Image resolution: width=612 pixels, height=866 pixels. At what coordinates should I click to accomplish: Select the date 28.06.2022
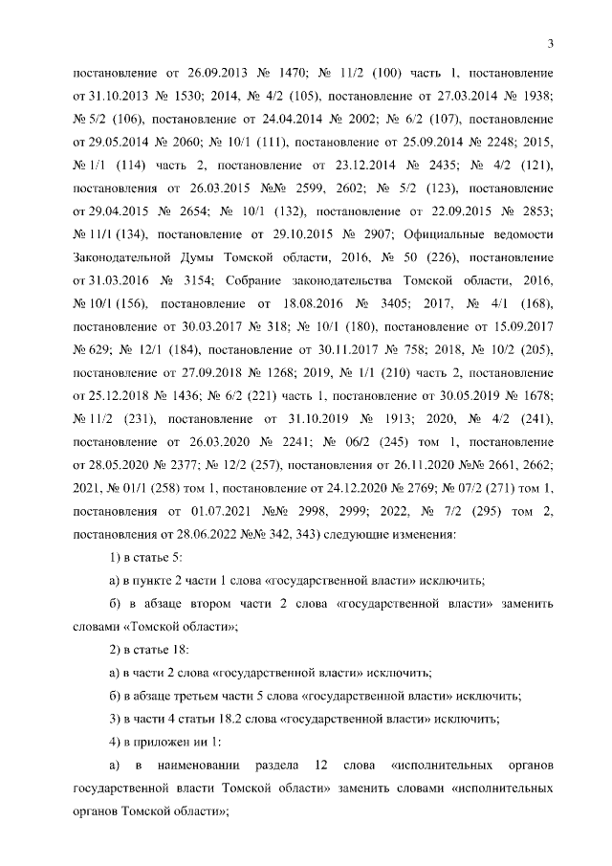tap(210, 532)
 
